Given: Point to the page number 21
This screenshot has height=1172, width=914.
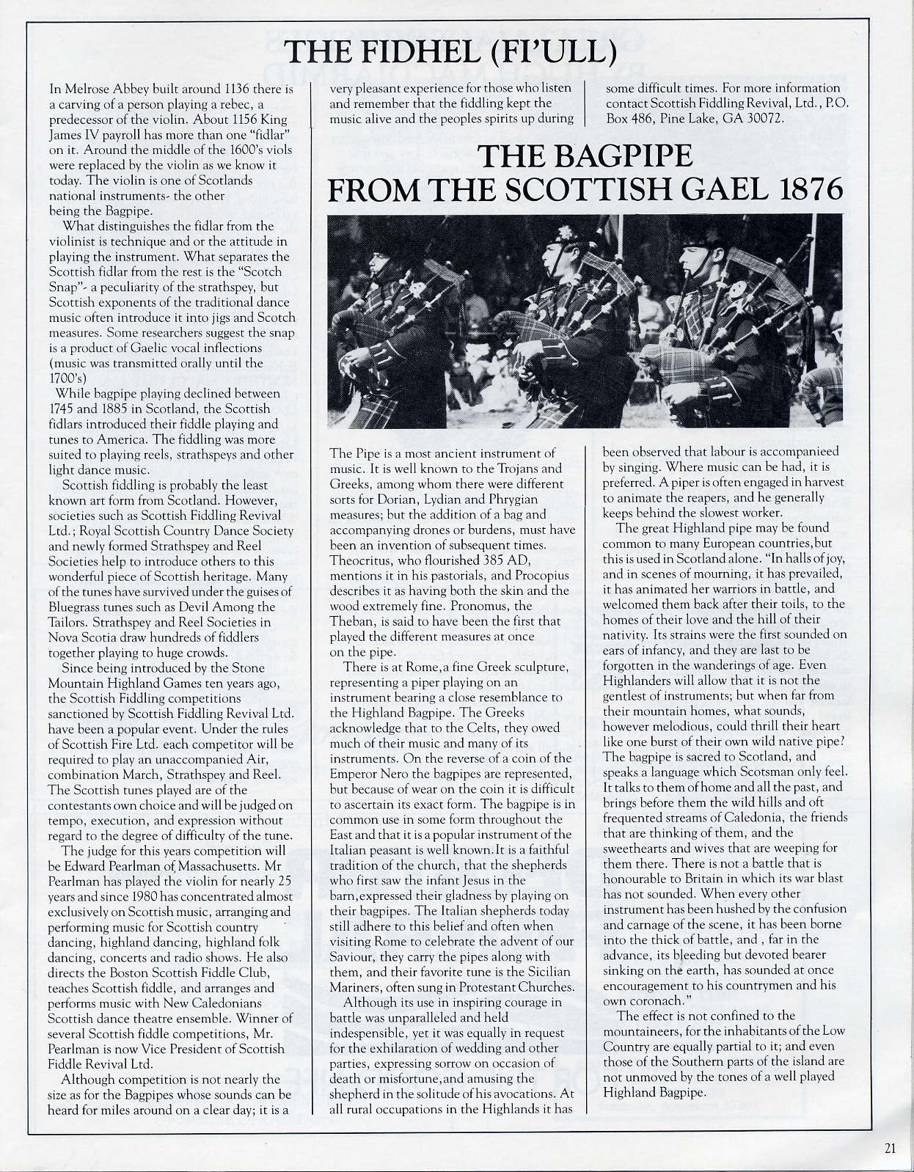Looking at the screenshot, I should click(890, 1149).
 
